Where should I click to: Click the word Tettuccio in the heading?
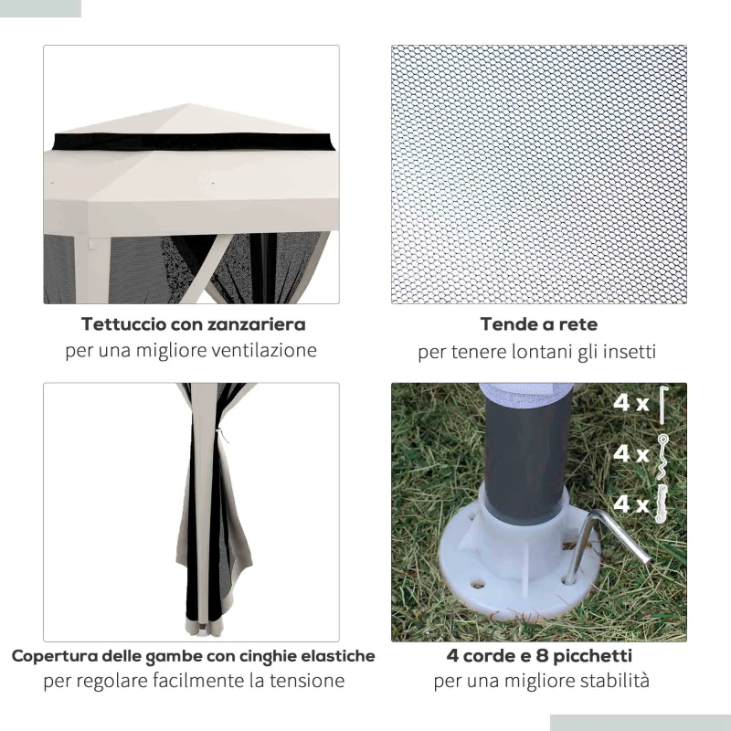[x=122, y=324]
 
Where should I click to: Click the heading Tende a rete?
[x=538, y=324]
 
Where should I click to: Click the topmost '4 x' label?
[x=631, y=403]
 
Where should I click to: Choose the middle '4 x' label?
[x=631, y=453]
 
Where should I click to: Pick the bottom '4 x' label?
[x=631, y=503]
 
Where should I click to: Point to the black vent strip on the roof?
[x=192, y=143]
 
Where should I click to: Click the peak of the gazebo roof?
[x=190, y=105]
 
